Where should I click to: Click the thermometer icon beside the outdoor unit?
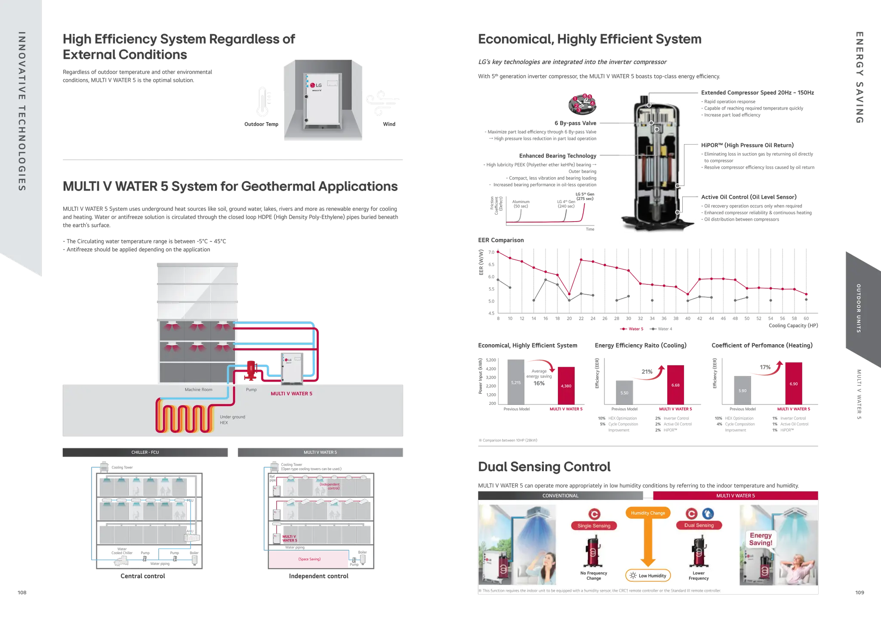(262, 102)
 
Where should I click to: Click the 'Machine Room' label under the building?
(198, 390)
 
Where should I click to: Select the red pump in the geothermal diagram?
(250, 370)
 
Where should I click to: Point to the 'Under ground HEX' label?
(232, 419)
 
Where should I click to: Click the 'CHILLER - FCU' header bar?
(145, 452)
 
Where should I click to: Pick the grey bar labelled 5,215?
(515, 382)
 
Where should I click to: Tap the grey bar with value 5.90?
(742, 390)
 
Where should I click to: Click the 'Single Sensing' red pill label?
(594, 526)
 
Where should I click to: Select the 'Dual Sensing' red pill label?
(699, 525)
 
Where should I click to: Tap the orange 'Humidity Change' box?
(648, 513)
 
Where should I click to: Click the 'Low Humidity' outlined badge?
(648, 576)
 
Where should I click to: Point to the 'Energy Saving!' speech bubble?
(761, 539)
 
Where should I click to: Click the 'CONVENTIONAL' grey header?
(560, 496)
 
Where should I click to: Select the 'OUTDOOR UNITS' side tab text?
(858, 308)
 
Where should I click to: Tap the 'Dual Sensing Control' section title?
(544, 467)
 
